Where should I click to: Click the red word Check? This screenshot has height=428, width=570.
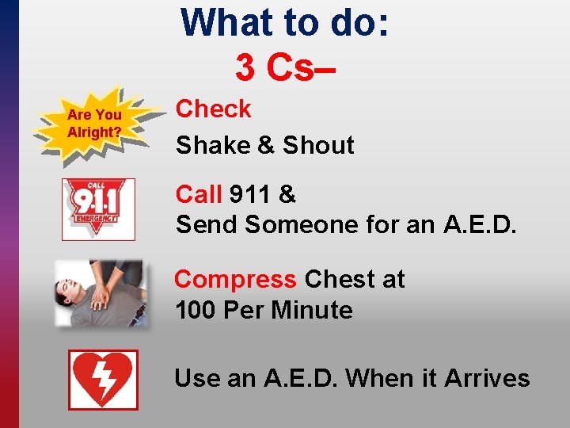click(213, 109)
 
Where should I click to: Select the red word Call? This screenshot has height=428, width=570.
click(199, 194)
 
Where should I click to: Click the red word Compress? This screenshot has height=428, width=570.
click(235, 280)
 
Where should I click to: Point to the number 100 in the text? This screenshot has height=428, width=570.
click(196, 310)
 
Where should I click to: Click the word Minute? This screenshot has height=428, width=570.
click(312, 310)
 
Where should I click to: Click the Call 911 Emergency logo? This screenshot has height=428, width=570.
click(98, 209)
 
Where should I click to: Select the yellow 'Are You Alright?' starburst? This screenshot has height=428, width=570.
click(95, 123)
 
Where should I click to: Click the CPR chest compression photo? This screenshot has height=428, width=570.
click(99, 293)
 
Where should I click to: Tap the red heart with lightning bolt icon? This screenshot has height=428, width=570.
click(103, 380)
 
